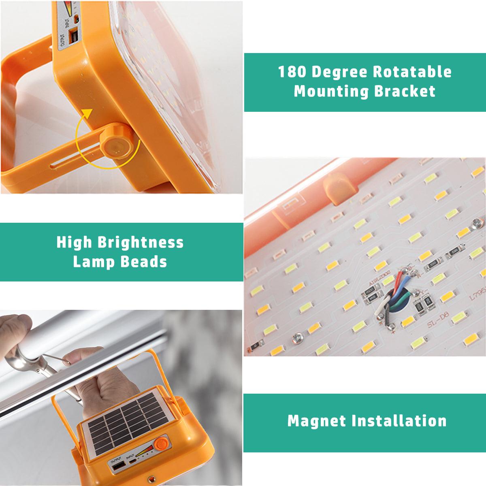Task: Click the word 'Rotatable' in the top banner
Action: pyautogui.click(x=412, y=72)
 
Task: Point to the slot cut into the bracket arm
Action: pyautogui.click(x=75, y=164)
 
